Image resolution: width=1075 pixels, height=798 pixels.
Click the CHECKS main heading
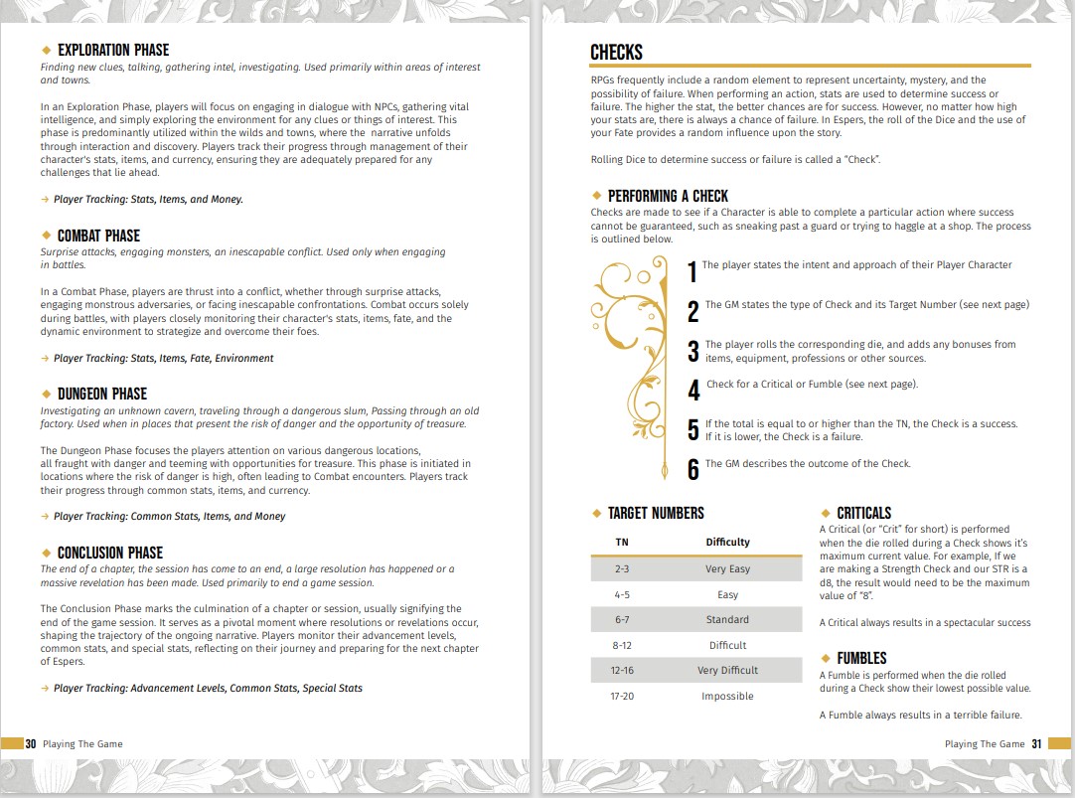click(616, 53)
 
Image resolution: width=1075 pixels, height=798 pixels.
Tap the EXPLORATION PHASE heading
click(113, 50)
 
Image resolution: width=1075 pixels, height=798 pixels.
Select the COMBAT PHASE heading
click(98, 236)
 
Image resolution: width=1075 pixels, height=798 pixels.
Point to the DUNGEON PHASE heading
click(102, 394)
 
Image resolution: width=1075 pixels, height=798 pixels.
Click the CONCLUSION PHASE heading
click(110, 553)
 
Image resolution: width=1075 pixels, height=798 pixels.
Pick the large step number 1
click(692, 271)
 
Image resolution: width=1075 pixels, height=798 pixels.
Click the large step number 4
click(693, 391)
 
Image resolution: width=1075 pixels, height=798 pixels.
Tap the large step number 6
click(692, 470)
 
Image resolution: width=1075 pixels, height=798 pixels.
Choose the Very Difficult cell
click(727, 671)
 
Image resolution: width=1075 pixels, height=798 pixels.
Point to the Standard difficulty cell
click(727, 620)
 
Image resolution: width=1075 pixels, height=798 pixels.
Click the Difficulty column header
click(727, 542)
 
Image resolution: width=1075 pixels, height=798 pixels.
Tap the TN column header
click(622, 542)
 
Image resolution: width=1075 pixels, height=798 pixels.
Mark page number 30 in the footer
click(31, 743)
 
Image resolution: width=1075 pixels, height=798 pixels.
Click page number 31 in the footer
click(1036, 743)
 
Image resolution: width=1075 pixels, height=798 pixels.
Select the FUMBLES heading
click(861, 658)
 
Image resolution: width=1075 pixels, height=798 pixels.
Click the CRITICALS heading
click(863, 513)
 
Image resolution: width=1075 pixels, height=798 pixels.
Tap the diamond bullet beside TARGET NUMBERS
click(596, 513)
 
